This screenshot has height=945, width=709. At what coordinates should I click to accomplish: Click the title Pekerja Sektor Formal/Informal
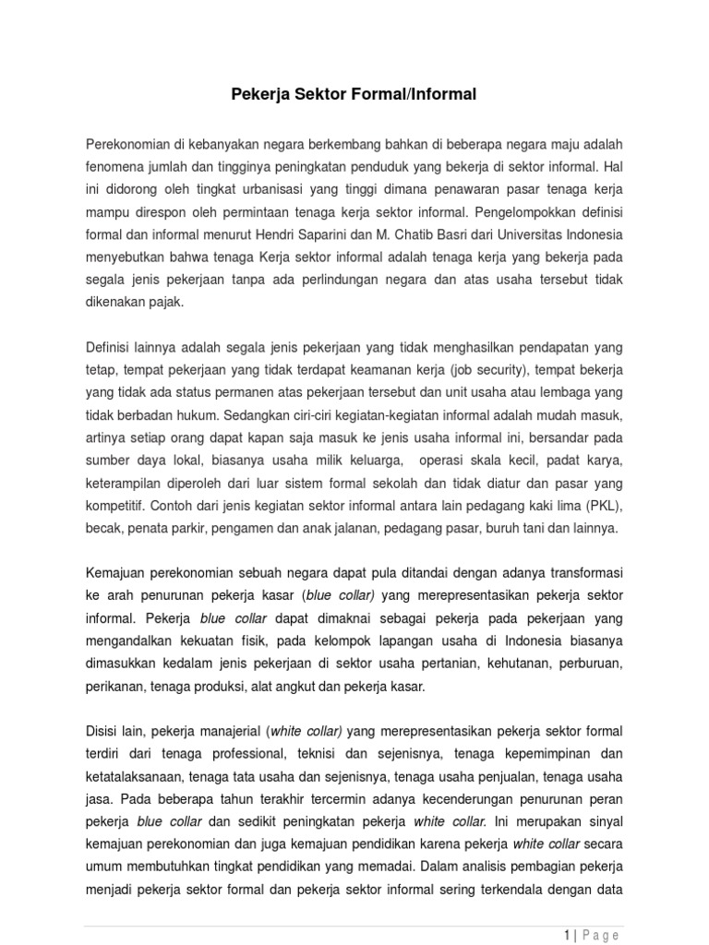(354, 94)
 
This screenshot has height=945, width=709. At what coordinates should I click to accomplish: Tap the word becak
(102, 529)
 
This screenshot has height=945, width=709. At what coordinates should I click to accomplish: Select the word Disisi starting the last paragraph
(103, 732)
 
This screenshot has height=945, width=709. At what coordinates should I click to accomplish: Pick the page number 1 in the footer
(566, 936)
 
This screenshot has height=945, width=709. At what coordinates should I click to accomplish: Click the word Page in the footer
(602, 936)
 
